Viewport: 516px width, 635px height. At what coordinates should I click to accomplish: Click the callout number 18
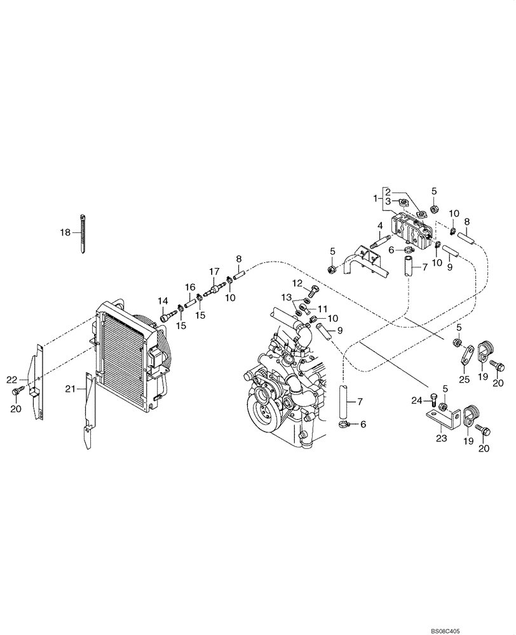click(x=65, y=233)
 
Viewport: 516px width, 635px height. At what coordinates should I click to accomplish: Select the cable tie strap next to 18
click(x=83, y=234)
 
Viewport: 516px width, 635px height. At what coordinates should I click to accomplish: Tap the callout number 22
click(x=11, y=379)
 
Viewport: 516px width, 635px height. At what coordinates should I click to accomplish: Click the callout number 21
click(x=71, y=388)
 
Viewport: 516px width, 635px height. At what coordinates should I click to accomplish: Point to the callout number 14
click(x=163, y=300)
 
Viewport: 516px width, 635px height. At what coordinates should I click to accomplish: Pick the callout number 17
click(x=214, y=272)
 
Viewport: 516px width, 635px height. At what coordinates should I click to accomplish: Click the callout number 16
click(x=190, y=287)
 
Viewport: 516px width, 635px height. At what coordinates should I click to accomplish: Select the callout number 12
click(x=297, y=283)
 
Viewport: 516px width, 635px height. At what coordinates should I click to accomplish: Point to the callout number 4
click(x=379, y=225)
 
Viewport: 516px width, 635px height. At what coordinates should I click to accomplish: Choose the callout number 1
click(x=376, y=199)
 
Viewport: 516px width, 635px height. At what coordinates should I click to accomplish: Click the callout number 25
click(x=465, y=378)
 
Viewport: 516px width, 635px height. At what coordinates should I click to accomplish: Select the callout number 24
click(x=416, y=400)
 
